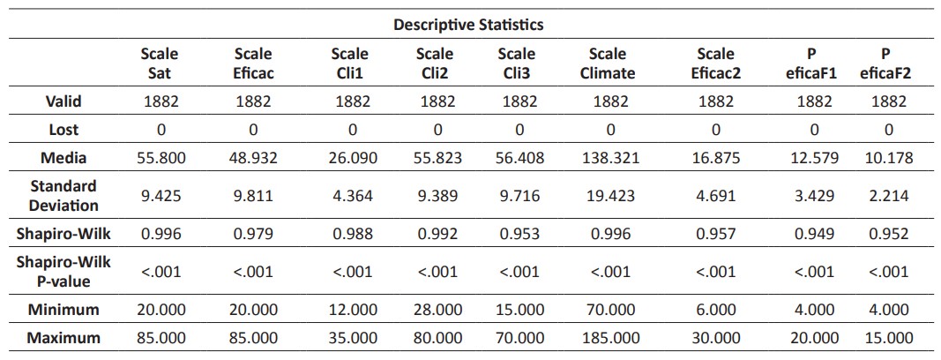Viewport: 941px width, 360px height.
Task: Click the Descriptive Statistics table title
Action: tap(468, 24)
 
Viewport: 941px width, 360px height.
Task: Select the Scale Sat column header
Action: tap(160, 64)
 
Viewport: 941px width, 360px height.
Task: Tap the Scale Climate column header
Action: tap(607, 64)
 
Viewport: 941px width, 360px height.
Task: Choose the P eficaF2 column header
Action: tap(887, 64)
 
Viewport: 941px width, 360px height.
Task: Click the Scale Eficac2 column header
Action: tap(715, 64)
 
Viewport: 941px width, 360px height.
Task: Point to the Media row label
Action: tap(63, 158)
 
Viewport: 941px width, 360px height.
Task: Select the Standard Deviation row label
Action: tap(63, 196)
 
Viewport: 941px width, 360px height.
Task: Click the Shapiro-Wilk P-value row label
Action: tap(63, 272)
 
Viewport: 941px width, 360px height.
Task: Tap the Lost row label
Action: tap(63, 130)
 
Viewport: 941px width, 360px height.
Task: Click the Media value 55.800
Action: tap(161, 158)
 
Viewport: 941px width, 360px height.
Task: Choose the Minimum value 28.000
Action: tap(435, 310)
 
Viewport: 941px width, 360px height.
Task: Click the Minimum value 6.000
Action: tap(715, 310)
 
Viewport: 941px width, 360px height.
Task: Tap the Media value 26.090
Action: tap(352, 158)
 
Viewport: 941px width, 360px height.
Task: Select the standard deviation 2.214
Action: tap(888, 196)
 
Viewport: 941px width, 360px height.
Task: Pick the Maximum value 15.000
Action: tap(888, 338)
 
